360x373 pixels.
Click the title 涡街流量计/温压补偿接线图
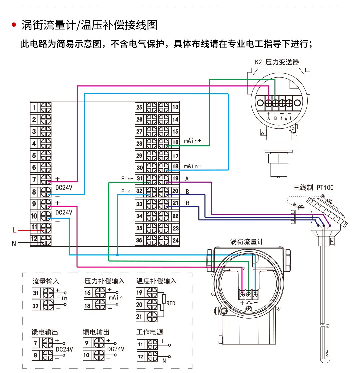pos(89,25)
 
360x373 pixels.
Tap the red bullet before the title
pos(14,25)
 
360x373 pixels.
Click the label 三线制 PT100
pos(313,188)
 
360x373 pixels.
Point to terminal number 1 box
pos(34,107)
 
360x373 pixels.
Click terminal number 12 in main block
pos(34,239)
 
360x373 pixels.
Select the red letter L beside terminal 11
pos(14,230)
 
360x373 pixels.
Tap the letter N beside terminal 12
pos(14,243)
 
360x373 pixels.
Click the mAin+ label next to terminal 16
pos(193,141)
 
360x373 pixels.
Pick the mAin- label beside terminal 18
pos(192,166)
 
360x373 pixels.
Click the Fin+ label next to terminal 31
pos(127,179)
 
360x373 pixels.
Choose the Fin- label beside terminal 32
pos(127,191)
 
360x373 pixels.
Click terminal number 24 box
pos(175,240)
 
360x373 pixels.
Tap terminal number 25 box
pos(140,107)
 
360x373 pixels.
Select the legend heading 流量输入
pos(46,281)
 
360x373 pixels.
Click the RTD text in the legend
pos(171,303)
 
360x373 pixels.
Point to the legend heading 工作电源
pos(150,332)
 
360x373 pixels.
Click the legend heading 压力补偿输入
pos(104,281)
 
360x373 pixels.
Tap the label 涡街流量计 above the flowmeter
pos(246,242)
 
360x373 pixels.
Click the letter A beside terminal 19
pos(187,179)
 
